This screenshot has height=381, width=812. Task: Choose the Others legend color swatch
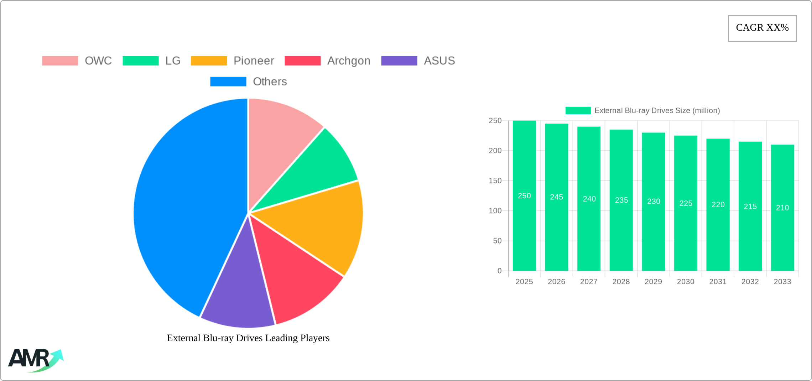coord(228,82)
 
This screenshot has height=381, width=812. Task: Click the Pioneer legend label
coord(254,61)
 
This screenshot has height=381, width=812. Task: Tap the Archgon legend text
coord(349,61)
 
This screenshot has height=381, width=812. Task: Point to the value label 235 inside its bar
coord(621,200)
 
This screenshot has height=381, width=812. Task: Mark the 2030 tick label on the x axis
coord(686,282)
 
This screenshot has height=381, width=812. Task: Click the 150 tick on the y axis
coord(495,181)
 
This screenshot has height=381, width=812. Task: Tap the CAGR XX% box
coord(762,28)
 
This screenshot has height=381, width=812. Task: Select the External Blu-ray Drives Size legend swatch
coord(578,111)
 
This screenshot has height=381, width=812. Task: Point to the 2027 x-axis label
coord(589,282)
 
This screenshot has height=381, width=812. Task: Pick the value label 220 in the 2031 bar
coord(718,205)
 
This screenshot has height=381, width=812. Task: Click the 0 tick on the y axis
coord(499,271)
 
